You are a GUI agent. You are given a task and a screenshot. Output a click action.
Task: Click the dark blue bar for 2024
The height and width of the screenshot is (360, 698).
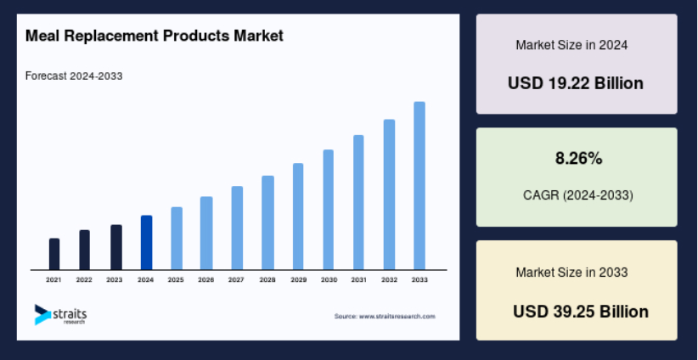click(146, 243)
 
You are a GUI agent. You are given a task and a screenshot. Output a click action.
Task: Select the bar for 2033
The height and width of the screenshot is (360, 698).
click(419, 186)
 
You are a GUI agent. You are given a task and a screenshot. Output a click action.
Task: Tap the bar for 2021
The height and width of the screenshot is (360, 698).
click(54, 254)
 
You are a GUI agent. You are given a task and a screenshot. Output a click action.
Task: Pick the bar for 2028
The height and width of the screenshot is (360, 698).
click(267, 222)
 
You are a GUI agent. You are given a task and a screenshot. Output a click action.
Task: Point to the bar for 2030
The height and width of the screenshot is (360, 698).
click(328, 210)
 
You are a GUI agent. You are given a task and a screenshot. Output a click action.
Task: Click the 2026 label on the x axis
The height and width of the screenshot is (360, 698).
click(205, 280)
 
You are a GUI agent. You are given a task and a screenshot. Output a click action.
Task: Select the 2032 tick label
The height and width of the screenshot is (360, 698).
click(389, 280)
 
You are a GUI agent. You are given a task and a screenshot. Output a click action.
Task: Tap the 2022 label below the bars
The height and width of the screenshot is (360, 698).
click(84, 280)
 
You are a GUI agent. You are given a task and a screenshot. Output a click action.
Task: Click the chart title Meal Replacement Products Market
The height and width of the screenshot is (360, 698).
click(155, 36)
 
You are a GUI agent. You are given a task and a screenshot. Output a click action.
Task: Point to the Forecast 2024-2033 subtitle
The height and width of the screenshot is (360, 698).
click(74, 76)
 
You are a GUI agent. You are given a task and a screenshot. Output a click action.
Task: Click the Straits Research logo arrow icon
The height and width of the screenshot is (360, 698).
click(42, 315)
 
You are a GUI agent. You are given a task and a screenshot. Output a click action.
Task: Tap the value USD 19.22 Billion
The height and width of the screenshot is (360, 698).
click(576, 83)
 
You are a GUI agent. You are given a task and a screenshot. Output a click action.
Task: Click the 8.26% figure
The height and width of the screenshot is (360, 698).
click(578, 158)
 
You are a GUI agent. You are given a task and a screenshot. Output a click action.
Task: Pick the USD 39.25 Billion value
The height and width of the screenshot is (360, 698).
click(581, 312)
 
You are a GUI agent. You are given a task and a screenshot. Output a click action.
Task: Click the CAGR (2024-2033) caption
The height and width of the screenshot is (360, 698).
click(577, 195)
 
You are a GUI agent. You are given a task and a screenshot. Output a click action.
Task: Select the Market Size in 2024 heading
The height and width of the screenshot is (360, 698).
click(571, 45)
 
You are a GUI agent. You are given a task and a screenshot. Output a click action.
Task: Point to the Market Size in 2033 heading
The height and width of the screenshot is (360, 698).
click(571, 272)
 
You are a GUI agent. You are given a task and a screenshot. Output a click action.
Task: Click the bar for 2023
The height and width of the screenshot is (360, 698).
click(116, 247)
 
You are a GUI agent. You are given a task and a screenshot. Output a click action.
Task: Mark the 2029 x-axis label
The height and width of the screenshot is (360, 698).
click(298, 280)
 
